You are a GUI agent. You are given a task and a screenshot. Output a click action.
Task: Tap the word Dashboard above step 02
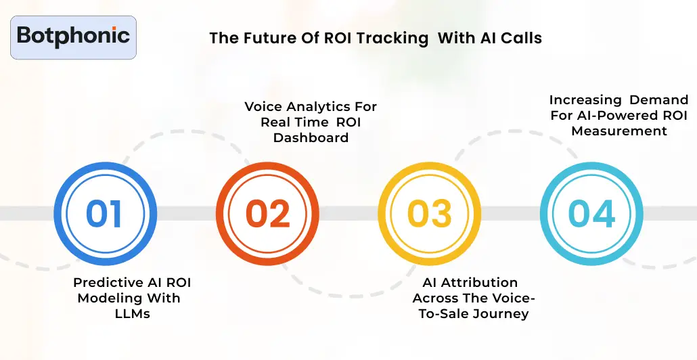(311, 137)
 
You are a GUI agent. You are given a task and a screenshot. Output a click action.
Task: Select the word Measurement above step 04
(619, 131)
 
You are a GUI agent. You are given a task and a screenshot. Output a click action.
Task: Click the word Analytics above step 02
(315, 107)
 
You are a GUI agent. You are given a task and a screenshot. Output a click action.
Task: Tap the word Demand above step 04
(660, 100)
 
